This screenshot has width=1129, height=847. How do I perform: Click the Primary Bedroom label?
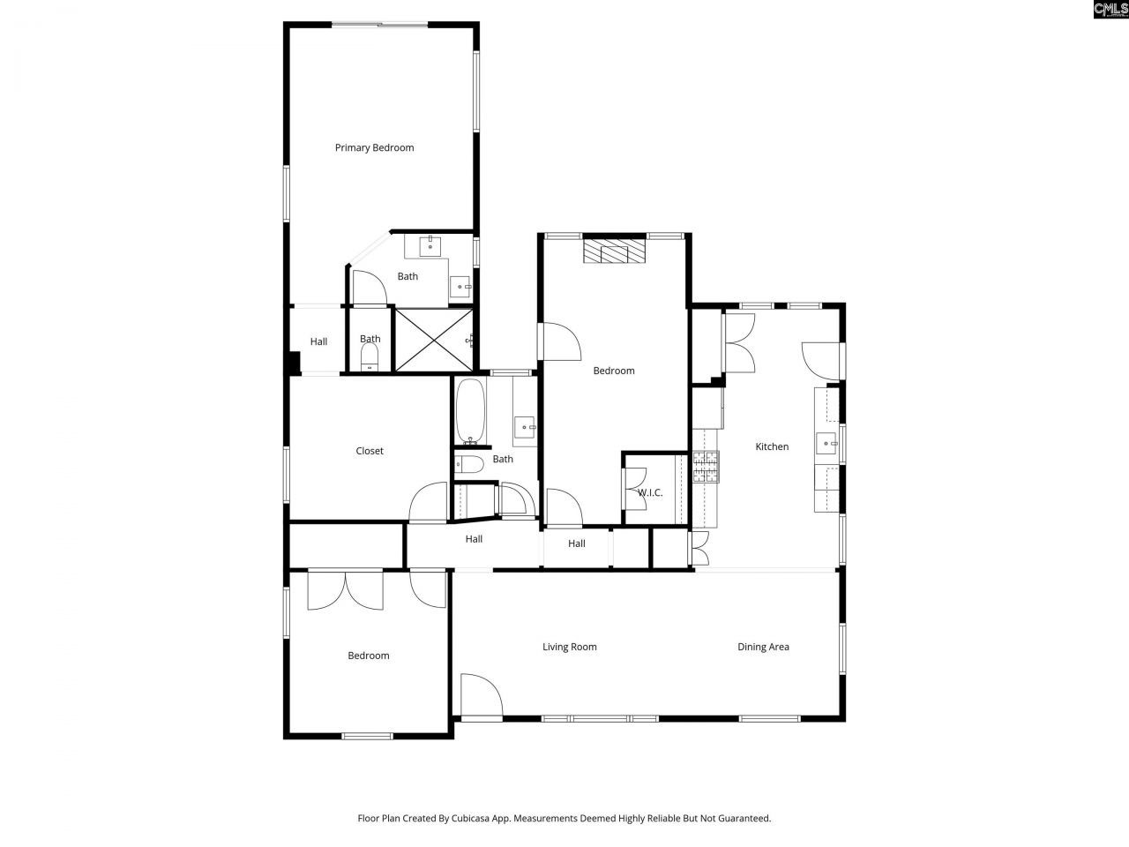click(374, 147)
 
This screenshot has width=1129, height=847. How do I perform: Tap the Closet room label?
click(370, 451)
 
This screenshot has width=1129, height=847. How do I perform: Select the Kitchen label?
click(772, 446)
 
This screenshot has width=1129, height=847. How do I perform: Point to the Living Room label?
click(570, 647)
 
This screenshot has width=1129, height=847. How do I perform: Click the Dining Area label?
click(763, 647)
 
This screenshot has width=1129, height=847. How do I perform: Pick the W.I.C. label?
click(650, 492)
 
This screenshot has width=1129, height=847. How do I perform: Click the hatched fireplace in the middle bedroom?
click(614, 251)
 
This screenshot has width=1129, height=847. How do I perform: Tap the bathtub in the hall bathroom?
click(469, 411)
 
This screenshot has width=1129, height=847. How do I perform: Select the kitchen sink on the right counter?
click(826, 443)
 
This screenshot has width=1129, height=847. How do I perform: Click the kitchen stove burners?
click(707, 467)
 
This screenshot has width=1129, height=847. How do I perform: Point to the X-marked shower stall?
click(433, 339)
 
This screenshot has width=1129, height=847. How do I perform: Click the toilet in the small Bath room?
click(370, 356)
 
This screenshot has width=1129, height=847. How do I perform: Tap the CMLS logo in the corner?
click(1110, 10)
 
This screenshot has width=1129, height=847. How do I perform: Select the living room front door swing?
click(481, 694)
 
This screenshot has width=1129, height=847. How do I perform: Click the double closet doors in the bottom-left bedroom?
click(346, 589)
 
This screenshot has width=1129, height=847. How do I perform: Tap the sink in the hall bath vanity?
click(527, 428)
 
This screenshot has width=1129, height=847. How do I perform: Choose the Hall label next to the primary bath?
click(318, 341)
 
